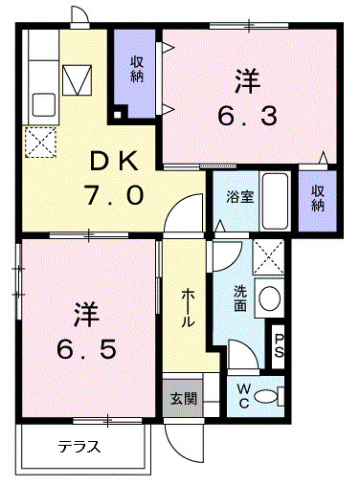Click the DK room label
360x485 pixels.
114,162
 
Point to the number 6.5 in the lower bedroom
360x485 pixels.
86,348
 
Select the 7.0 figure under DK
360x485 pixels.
114,195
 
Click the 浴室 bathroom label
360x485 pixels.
240,197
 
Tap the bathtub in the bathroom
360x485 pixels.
276,201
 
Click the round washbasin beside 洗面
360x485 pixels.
270,298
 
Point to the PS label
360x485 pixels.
278,345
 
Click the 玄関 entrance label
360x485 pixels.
183,399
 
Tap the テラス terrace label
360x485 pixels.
79,447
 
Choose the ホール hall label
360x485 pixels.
188,307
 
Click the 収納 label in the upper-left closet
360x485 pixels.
137,70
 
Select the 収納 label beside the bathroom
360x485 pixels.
317,198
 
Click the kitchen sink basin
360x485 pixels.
44,104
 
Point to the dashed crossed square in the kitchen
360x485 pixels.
40,143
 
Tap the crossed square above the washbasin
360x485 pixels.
268,257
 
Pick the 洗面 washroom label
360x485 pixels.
240,298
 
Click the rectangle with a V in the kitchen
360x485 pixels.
77,80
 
